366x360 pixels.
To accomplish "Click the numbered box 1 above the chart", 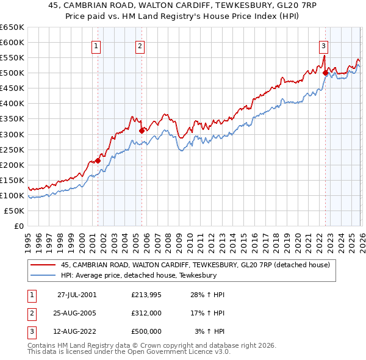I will [96, 45].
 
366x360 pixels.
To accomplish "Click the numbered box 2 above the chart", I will [140, 45].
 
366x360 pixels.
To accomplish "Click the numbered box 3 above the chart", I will [323, 45].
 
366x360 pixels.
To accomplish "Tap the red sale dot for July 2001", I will [98, 160].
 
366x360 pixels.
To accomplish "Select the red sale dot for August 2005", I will [142, 130].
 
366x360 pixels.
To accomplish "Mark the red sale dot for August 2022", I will [325, 73].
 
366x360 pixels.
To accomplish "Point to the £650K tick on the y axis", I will [12, 27].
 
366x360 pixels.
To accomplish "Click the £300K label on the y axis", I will [12, 134].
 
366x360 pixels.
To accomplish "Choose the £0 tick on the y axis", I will [18, 226].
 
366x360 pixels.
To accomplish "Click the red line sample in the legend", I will [43, 265].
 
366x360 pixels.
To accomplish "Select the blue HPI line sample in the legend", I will [43, 276].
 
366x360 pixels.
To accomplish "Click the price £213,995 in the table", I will [146, 295].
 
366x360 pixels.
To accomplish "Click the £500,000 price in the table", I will [146, 331].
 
